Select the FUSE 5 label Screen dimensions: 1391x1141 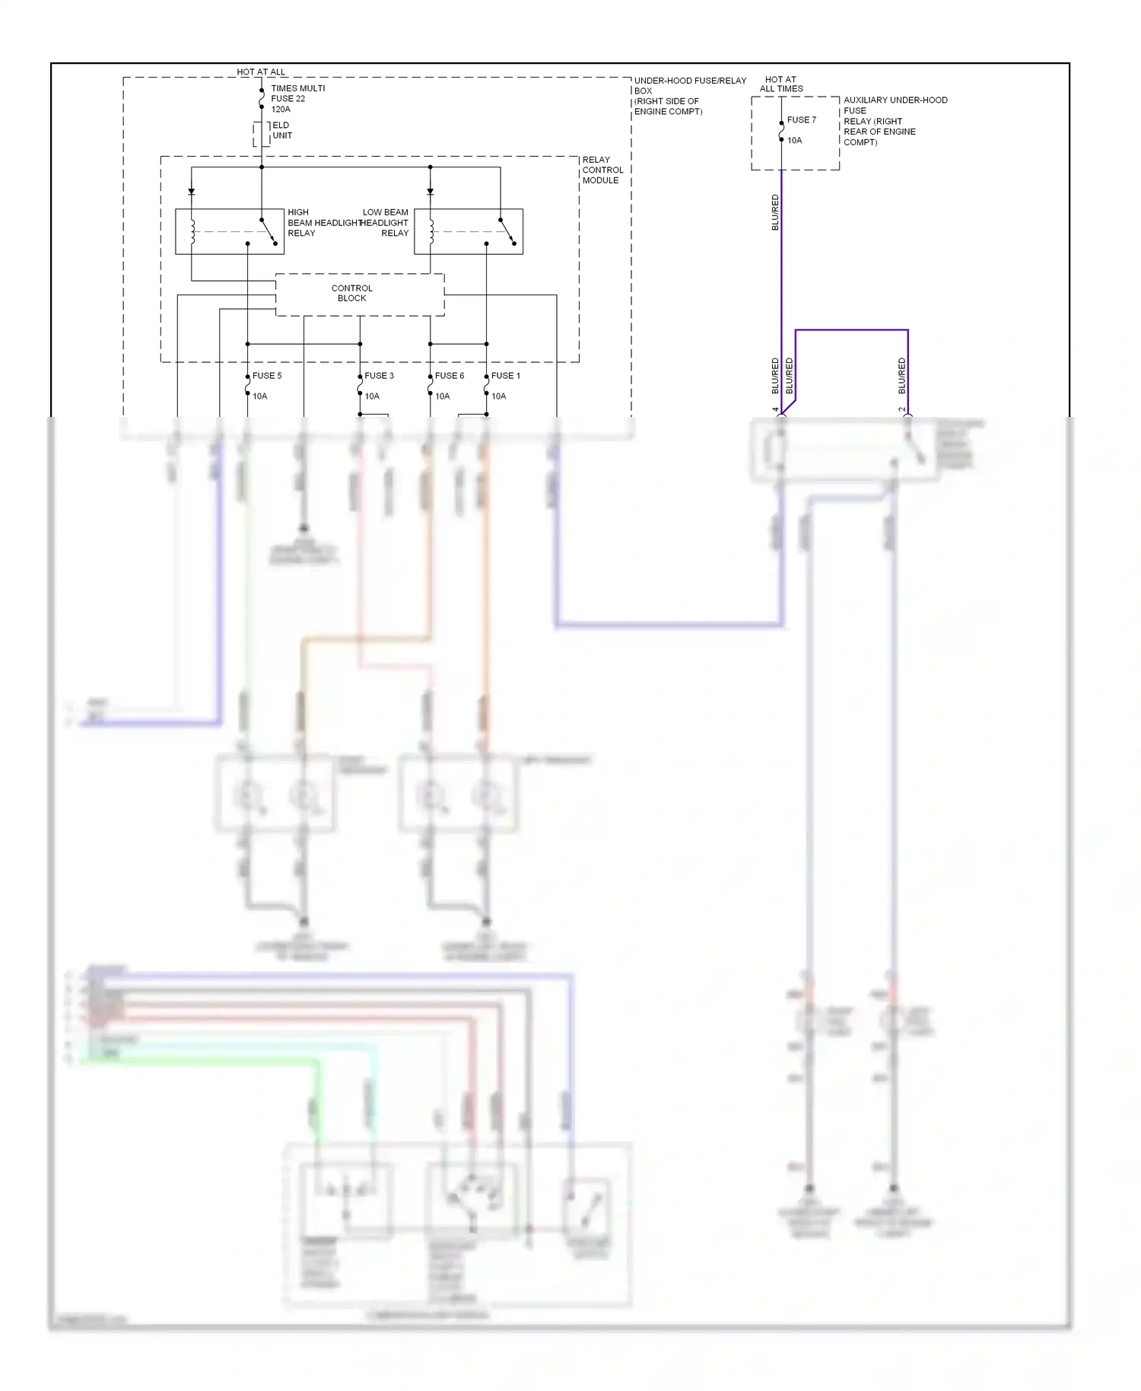[x=267, y=376]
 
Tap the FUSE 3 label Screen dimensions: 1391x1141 [x=379, y=376]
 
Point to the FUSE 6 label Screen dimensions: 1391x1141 [x=449, y=376]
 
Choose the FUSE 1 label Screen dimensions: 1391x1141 [x=505, y=376]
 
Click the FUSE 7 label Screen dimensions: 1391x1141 [x=801, y=120]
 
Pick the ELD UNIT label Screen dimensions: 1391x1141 [x=281, y=130]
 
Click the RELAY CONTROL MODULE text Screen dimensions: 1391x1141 [x=602, y=170]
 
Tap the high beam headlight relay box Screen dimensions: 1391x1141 [x=230, y=231]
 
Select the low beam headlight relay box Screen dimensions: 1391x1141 [x=469, y=231]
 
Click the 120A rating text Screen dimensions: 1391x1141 [x=281, y=110]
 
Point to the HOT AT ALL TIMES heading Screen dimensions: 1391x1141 [x=781, y=84]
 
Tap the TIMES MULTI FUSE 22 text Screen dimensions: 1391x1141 [x=297, y=94]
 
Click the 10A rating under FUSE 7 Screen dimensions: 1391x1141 [x=794, y=141]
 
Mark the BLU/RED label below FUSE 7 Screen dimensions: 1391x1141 [x=775, y=212]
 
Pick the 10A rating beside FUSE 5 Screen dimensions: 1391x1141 [x=260, y=396]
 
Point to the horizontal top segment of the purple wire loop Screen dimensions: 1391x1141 [x=851, y=330]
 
